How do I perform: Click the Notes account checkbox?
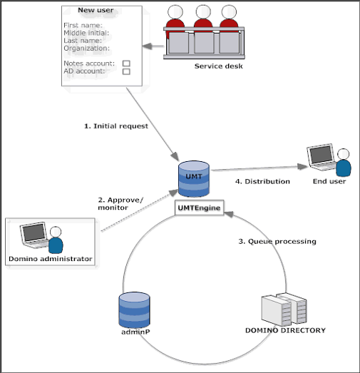coord(126,63)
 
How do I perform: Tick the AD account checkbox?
coord(126,71)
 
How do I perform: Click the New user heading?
coord(96,10)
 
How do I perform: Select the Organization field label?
coord(87,48)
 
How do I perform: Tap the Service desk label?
coord(219,66)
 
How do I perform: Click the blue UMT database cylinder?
coord(194,179)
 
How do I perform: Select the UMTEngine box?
coord(200,208)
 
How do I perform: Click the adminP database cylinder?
coord(134,310)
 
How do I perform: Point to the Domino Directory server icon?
coord(284,310)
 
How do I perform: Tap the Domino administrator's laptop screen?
coord(34,233)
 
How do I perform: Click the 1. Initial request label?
coord(116,126)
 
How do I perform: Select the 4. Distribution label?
coord(262,181)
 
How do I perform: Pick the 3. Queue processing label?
coord(277,242)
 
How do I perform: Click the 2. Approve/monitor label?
coord(120,204)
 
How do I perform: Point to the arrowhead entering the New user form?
coord(147,46)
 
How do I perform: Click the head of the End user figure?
coord(343,154)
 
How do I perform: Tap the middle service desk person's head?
coord(203,11)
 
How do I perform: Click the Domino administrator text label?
coord(51,259)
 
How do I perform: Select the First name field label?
coord(83,25)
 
